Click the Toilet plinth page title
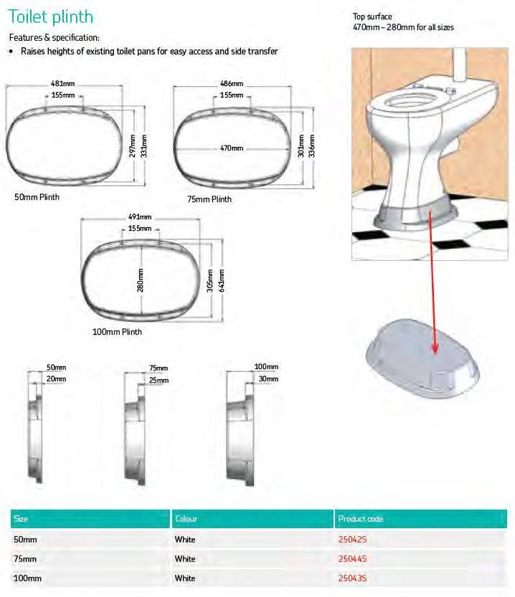coord(51,16)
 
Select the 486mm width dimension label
coord(232,84)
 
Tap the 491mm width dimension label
coord(139,216)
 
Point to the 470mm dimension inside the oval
coord(232,148)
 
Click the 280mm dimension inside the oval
coord(141,280)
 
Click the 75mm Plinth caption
coord(209,199)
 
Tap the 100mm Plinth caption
coord(117,332)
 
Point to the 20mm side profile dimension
coord(56,378)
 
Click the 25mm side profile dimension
coord(159,380)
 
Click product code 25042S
coord(352,539)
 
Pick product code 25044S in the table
coord(352,558)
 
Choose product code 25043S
coord(352,578)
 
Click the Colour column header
coord(185,519)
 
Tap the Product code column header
coord(360,519)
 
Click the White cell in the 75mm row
coord(185,558)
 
